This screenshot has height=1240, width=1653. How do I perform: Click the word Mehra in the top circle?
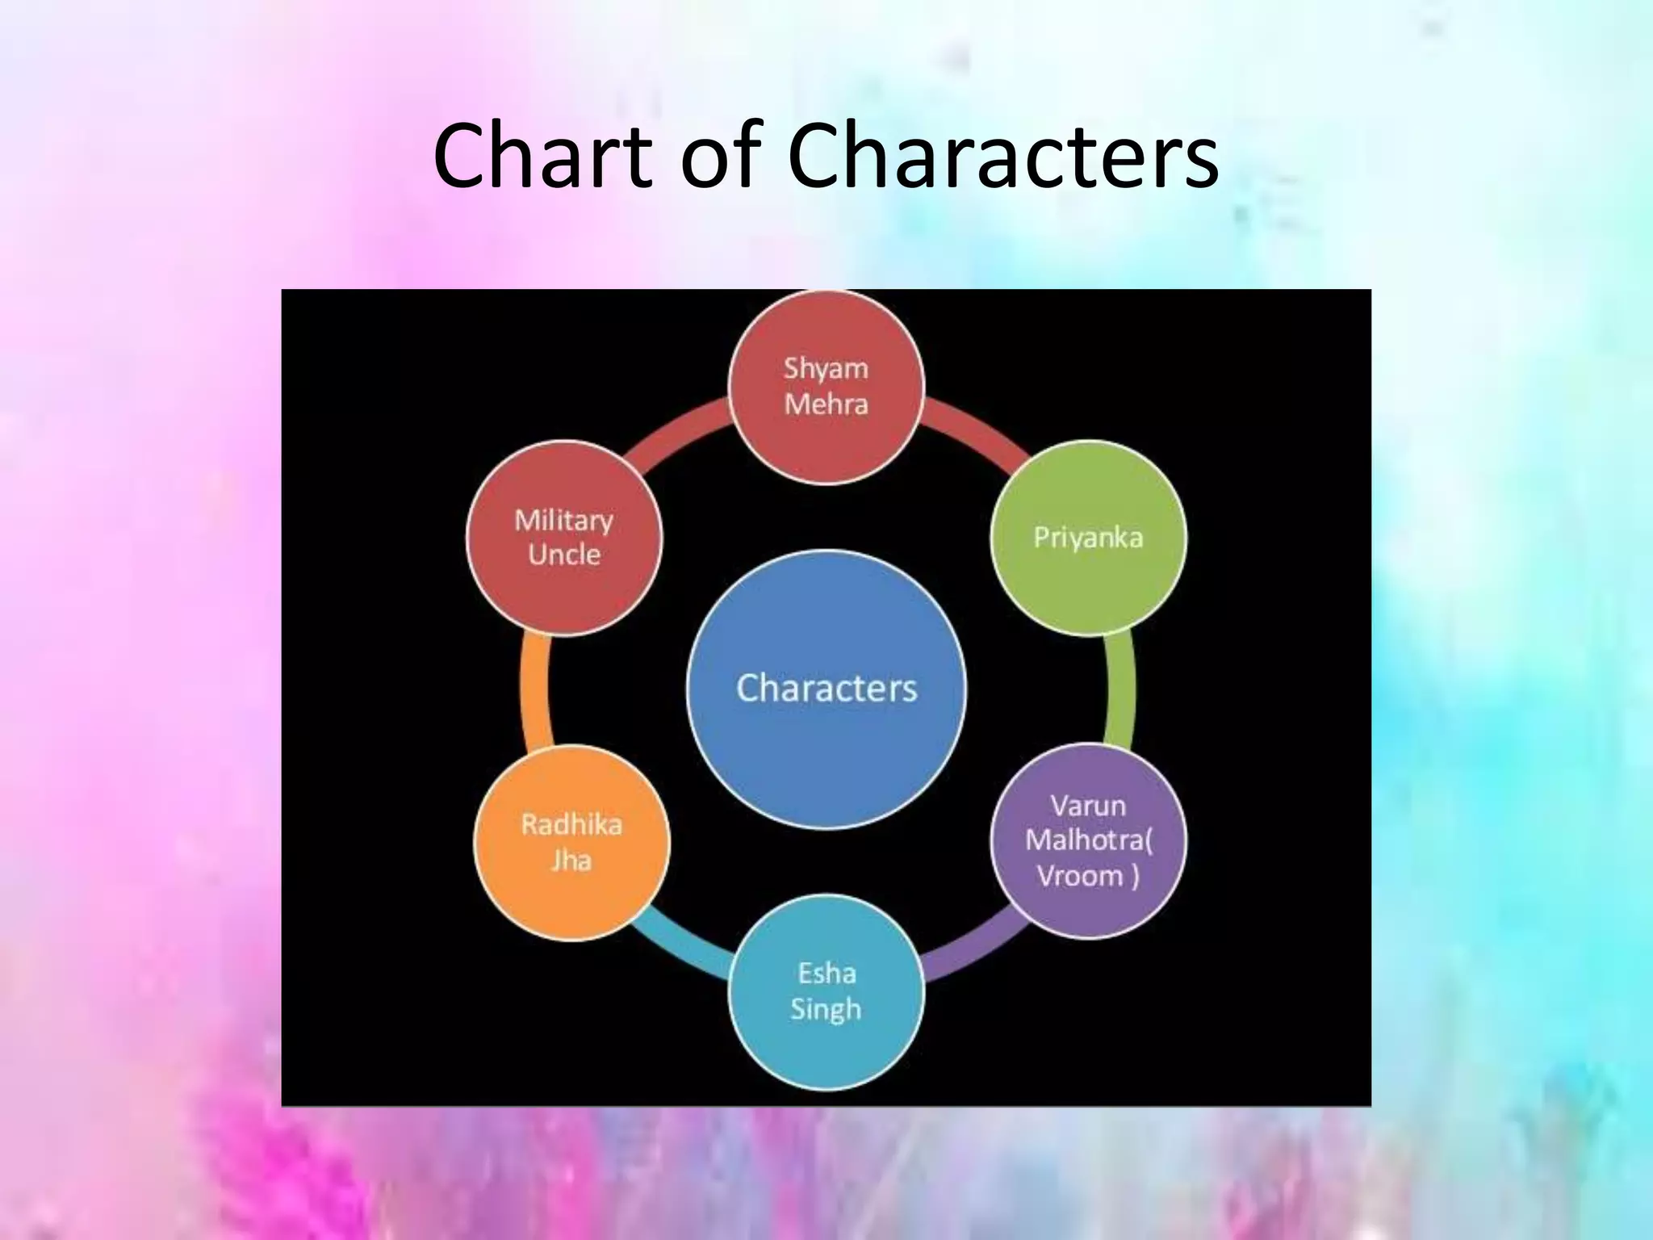coord(826,404)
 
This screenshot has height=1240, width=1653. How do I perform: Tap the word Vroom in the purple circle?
coord(1080,876)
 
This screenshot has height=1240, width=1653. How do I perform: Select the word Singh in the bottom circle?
coord(826,1009)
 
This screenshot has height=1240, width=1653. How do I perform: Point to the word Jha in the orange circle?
coord(571,861)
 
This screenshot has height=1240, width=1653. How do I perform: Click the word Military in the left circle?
coord(564,520)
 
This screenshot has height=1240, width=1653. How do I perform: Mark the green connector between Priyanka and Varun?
coord(1121,689)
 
